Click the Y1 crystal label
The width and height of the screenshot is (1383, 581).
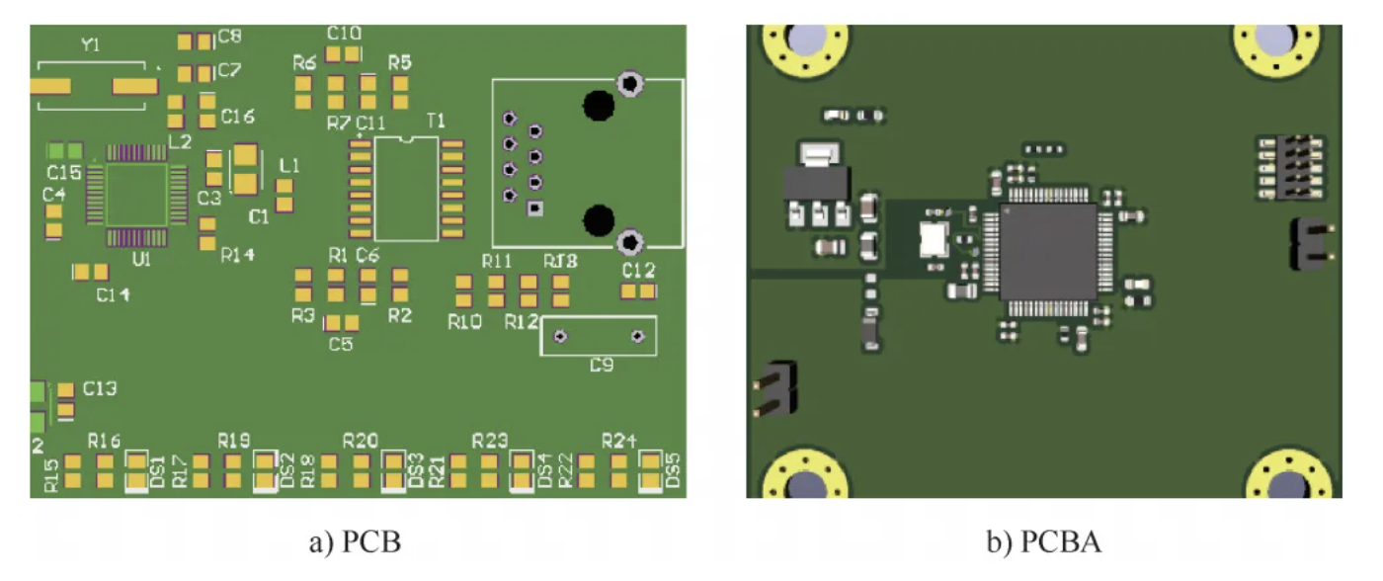[x=90, y=45]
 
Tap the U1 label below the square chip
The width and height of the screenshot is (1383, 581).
[x=141, y=260]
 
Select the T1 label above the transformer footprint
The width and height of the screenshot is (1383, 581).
[x=436, y=121]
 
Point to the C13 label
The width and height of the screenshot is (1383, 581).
[x=100, y=388]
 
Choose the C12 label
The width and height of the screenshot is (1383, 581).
[x=638, y=270]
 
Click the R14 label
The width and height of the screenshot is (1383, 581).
[x=238, y=255]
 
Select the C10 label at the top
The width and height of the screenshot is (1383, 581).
[x=344, y=32]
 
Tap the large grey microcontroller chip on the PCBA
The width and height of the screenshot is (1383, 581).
[x=1048, y=252]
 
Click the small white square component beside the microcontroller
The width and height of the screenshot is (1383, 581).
[x=933, y=239]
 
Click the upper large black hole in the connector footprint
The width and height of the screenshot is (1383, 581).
[x=597, y=104]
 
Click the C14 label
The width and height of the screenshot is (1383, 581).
[x=113, y=294]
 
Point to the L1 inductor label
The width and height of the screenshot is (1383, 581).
[x=289, y=165]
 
